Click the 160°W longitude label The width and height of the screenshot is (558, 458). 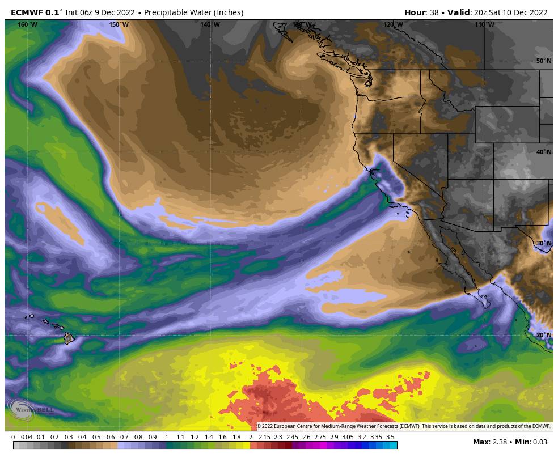click(27, 24)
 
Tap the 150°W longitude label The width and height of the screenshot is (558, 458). click(119, 24)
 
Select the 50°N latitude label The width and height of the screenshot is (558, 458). click(543, 61)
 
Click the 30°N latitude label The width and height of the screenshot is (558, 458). click(543, 243)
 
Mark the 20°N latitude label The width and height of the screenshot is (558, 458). click(543, 335)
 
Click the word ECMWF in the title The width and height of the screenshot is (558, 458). click(27, 12)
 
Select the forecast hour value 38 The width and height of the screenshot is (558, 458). click(434, 12)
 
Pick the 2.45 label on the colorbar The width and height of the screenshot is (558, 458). click(292, 437)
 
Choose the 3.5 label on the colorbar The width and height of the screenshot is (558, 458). click(390, 437)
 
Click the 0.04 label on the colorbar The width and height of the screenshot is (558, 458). click(27, 437)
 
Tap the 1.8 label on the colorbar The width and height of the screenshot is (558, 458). click(236, 437)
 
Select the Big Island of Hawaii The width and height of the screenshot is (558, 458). click(69, 338)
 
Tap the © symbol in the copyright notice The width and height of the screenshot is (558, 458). click(259, 426)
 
